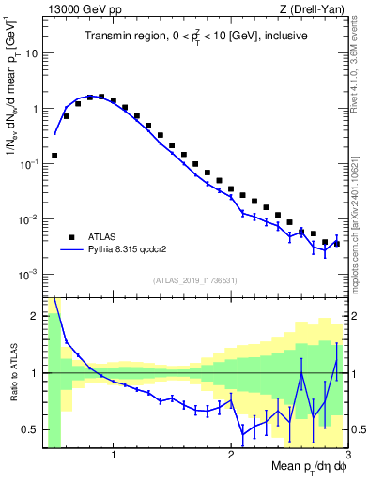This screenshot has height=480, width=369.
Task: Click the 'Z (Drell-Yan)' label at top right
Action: tap(315, 9)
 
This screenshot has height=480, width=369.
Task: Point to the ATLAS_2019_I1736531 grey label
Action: tap(195, 281)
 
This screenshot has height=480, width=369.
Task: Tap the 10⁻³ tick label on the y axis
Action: tap(28, 275)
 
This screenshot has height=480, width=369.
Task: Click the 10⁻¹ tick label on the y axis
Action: tap(28, 163)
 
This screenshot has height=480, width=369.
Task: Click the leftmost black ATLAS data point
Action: tap(54, 155)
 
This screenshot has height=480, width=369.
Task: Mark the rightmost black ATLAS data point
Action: tap(336, 243)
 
